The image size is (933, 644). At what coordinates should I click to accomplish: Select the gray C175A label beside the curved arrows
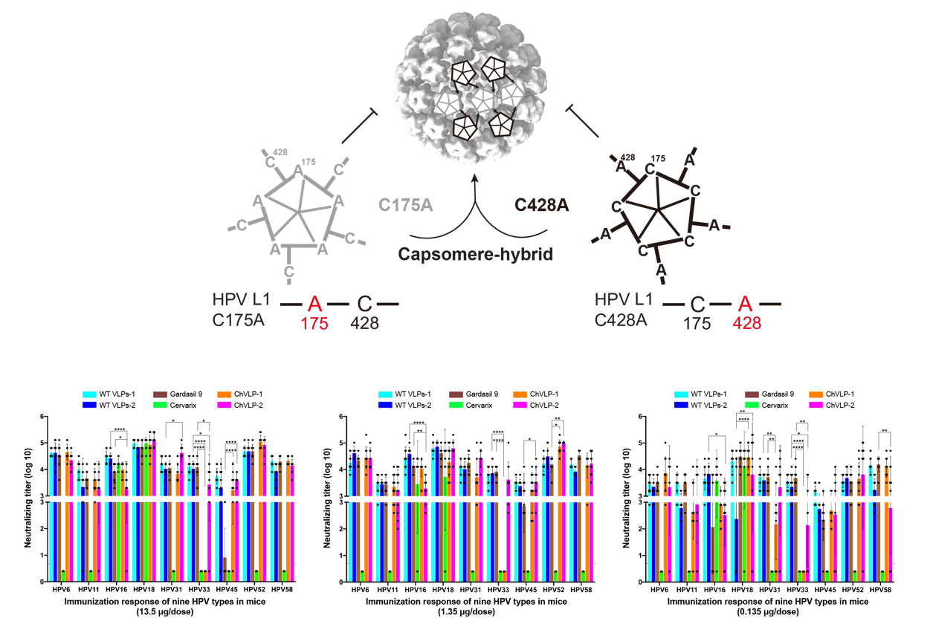405,206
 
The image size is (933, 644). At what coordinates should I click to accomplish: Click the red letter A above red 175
314,304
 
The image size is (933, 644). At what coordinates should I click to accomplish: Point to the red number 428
746,323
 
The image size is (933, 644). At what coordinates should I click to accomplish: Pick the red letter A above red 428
746,304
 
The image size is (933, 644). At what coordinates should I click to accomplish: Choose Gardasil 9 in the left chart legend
180,393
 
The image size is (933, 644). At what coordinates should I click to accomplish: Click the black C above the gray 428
364,304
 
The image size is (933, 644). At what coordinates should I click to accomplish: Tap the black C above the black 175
697,304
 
